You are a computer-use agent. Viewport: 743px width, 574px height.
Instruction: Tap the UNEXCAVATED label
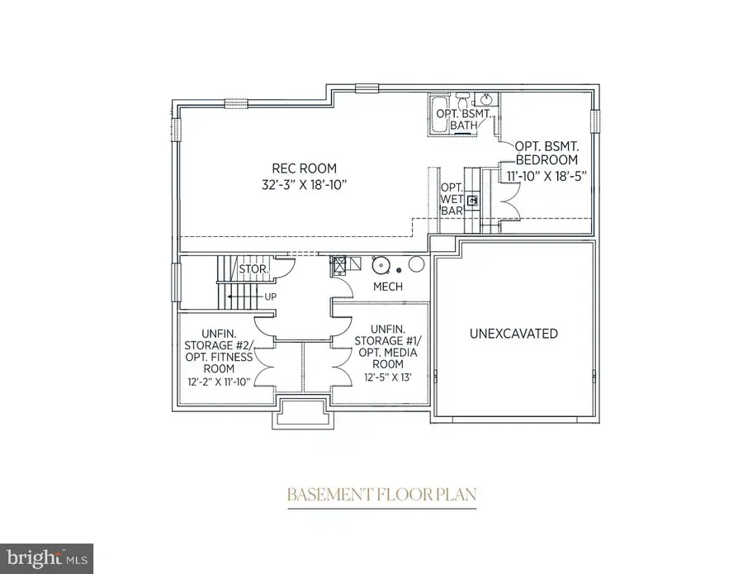click(513, 334)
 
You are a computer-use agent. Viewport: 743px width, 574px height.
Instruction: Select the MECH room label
click(387, 287)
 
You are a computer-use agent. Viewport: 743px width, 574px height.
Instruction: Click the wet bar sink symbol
click(472, 200)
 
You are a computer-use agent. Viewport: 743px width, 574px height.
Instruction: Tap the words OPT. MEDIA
click(388, 353)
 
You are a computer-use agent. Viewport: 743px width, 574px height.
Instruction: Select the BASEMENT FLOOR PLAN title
click(381, 496)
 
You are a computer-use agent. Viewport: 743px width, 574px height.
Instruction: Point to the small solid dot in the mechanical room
click(399, 270)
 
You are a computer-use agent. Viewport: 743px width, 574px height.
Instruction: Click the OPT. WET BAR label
click(451, 199)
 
